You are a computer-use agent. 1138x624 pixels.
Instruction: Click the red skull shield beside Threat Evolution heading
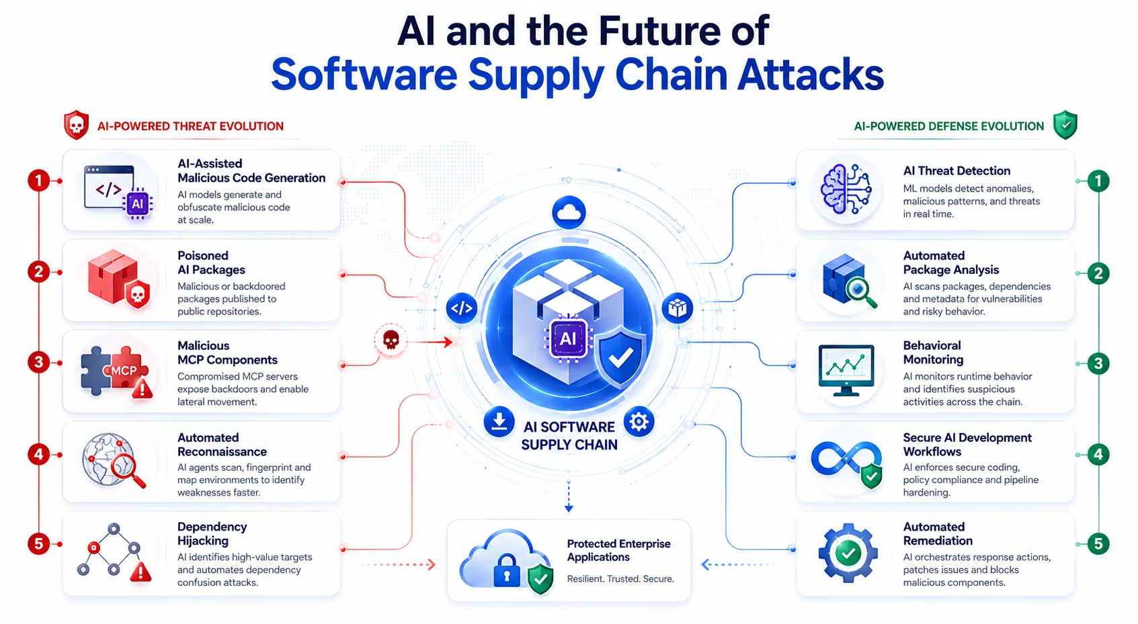76,125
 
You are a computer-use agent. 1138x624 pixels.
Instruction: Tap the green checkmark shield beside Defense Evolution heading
1065,125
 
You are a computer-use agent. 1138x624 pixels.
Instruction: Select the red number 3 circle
38,363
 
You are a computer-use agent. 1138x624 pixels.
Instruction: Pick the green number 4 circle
1098,455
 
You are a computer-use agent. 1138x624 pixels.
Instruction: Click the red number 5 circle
38,544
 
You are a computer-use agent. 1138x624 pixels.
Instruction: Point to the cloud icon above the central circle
569,212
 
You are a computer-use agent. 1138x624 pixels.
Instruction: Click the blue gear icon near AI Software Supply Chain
639,421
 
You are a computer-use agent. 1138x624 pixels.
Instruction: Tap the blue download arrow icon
499,421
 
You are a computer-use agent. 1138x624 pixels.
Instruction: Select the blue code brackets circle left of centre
461,308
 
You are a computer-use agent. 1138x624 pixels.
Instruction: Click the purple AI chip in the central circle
567,339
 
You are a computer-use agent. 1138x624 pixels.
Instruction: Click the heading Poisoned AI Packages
211,263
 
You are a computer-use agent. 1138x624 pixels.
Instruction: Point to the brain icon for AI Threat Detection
846,189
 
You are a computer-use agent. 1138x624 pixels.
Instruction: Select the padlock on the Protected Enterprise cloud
507,570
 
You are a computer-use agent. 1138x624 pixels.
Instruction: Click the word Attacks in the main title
811,75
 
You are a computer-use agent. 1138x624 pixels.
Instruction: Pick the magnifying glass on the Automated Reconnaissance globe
128,471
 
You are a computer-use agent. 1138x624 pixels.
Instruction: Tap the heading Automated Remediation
938,533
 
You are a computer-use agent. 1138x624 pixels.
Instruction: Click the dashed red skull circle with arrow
390,340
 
